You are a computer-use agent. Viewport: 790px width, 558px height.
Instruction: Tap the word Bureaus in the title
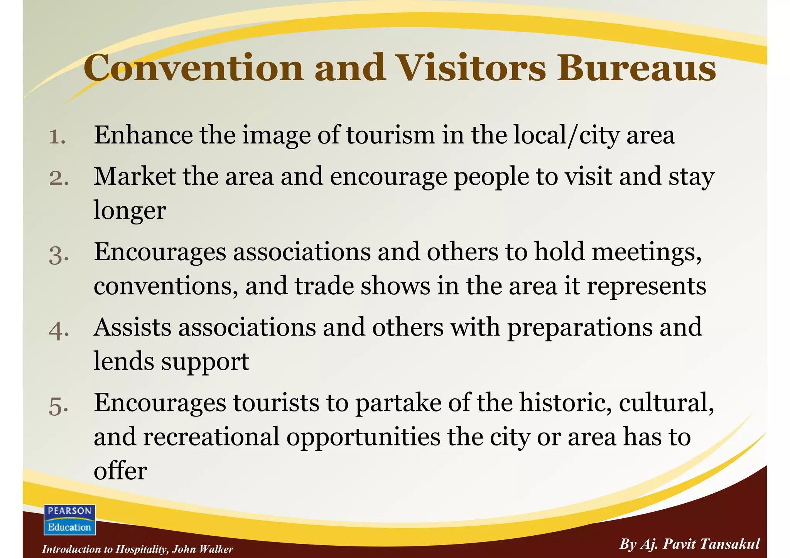[636, 68]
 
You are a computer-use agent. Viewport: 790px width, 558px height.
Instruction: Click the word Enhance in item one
[143, 135]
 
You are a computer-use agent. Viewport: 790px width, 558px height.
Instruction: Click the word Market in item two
[135, 177]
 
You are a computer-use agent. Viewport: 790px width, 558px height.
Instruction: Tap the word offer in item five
[120, 471]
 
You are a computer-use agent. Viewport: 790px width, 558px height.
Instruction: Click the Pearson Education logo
[69, 519]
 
